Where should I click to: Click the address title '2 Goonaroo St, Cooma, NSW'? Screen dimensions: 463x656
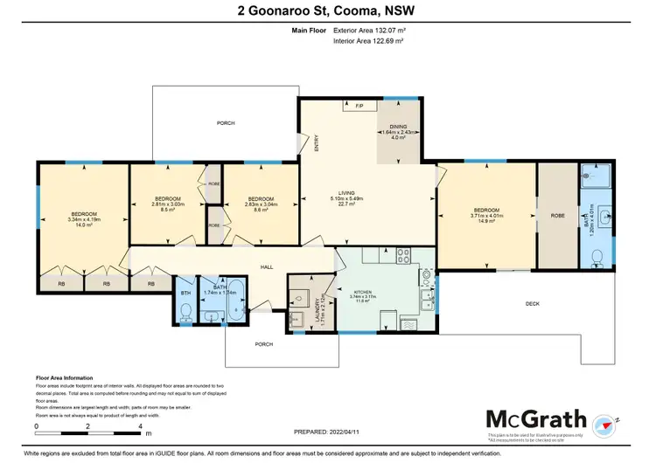coord(328,11)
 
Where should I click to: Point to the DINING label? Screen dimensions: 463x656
coord(398,127)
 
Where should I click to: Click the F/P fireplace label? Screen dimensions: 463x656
coord(359,106)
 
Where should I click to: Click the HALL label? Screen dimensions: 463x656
coord(268,268)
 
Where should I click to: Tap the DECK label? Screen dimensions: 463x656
coord(533,304)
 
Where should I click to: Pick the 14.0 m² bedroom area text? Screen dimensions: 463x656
coord(84,225)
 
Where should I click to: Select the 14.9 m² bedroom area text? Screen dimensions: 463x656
coord(486,222)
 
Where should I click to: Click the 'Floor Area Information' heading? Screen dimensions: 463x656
coord(66,378)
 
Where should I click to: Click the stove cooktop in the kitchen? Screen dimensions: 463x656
coord(404,256)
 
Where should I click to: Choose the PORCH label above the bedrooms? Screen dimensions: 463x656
coord(226,124)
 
